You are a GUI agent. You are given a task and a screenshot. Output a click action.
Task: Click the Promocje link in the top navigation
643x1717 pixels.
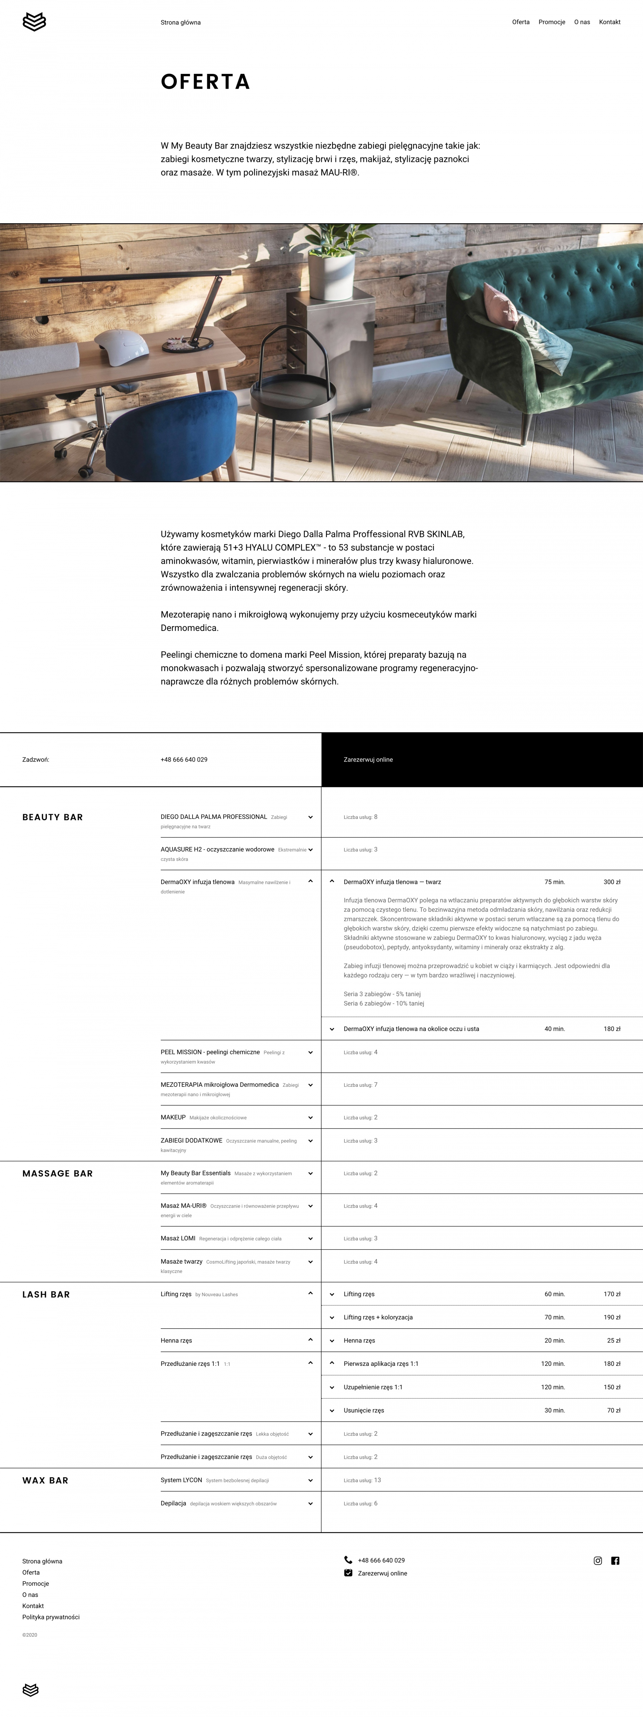pos(552,22)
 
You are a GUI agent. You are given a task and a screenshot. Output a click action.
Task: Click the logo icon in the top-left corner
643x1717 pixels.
pos(34,22)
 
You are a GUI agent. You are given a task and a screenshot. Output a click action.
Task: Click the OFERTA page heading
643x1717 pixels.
pos(205,82)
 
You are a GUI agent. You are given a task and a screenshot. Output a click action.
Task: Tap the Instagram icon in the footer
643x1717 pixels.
pos(598,1561)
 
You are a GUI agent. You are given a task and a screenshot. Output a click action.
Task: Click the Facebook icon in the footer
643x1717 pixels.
pos(615,1561)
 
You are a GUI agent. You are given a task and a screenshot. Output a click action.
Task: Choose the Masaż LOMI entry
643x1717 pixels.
pos(178,1238)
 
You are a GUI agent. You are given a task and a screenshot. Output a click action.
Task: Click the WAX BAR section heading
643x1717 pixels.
pos(45,1480)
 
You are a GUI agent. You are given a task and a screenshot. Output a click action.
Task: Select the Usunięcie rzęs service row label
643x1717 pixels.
pos(364,1410)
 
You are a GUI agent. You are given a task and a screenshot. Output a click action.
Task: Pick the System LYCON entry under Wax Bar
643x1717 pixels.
pos(181,1480)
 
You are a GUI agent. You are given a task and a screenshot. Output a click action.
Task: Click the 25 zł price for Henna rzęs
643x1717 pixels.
pos(613,1340)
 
